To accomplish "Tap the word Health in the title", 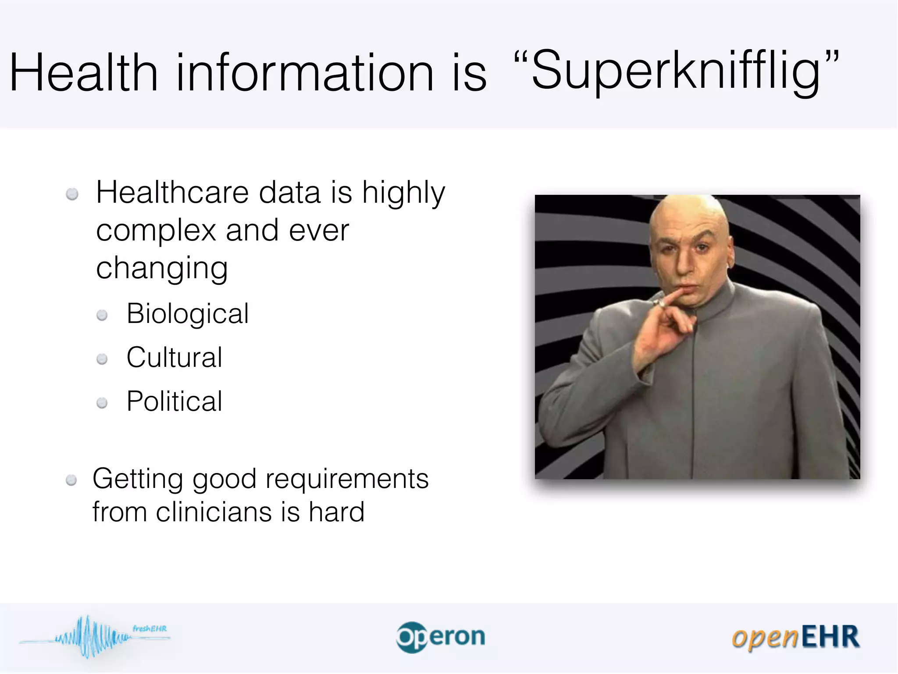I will click(x=83, y=72).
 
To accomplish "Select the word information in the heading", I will click(x=305, y=72).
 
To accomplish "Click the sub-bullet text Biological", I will click(x=188, y=314).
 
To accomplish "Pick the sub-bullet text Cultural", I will click(x=175, y=357).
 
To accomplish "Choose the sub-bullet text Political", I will click(x=175, y=401).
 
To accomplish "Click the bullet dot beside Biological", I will click(x=102, y=315).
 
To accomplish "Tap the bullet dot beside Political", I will click(x=102, y=403).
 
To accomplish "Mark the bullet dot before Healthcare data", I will click(x=72, y=194).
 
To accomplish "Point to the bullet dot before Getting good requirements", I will click(x=71, y=480).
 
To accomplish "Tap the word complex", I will click(x=156, y=230).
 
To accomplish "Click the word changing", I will click(x=162, y=269).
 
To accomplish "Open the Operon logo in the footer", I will click(x=441, y=637).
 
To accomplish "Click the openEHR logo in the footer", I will click(x=795, y=637).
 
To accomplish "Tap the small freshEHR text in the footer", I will click(x=150, y=628).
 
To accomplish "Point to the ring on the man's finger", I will click(x=658, y=303).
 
